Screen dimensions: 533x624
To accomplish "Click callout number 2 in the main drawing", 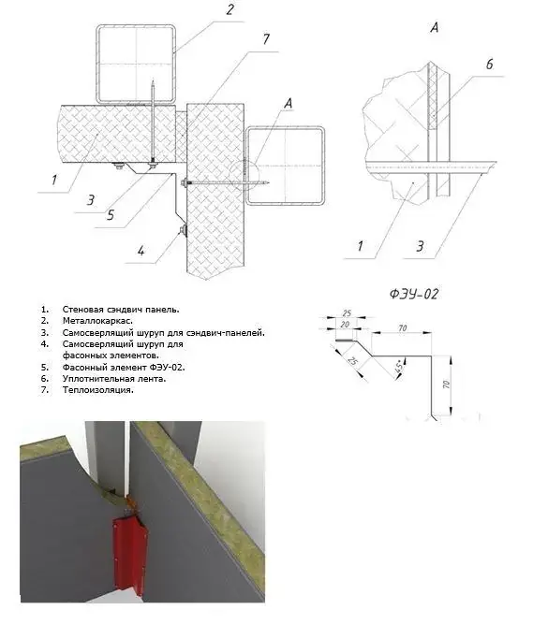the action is pyautogui.click(x=229, y=8).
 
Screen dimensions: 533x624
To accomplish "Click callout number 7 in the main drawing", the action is pyautogui.click(x=266, y=39).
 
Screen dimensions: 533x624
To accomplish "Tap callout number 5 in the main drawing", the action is pyautogui.click(x=111, y=215).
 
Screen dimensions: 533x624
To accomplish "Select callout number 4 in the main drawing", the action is pyautogui.click(x=141, y=251).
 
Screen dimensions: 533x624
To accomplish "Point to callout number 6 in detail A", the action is pyautogui.click(x=490, y=64).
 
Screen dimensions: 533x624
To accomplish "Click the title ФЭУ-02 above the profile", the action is pyautogui.click(x=414, y=294).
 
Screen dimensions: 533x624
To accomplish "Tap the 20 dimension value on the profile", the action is pyautogui.click(x=345, y=325).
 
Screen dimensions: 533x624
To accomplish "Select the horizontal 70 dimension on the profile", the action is pyautogui.click(x=403, y=328).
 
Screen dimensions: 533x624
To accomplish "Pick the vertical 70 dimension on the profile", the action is pyautogui.click(x=446, y=385).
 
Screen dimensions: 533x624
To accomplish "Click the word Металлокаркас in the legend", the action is pyautogui.click(x=97, y=321).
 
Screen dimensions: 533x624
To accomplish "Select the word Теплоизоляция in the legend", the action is pyautogui.click(x=98, y=390).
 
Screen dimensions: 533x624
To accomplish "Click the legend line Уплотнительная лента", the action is pyautogui.click(x=114, y=379).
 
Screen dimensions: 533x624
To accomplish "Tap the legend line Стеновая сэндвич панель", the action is pyautogui.click(x=121, y=310).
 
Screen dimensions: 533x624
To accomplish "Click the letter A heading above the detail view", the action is pyautogui.click(x=435, y=27).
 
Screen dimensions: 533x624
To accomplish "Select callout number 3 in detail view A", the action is pyautogui.click(x=420, y=246).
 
